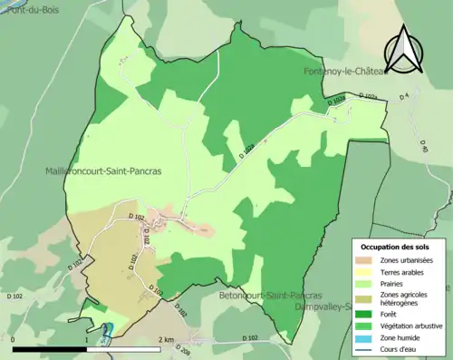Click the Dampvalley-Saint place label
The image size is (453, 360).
pos(323,306)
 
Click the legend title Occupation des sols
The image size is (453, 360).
pos(395,247)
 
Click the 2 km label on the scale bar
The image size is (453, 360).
pos(166,339)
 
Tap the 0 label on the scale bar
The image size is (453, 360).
pos(14,339)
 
